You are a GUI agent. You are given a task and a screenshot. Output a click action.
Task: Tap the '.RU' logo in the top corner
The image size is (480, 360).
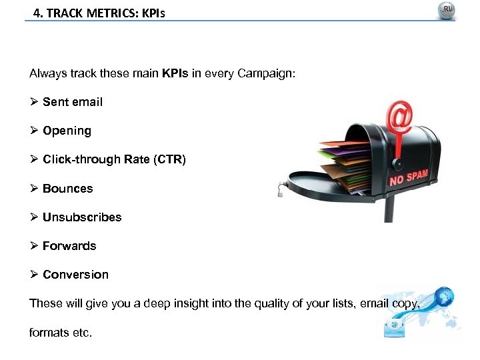point(446,11)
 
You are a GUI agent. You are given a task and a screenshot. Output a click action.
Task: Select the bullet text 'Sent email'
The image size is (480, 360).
point(72,102)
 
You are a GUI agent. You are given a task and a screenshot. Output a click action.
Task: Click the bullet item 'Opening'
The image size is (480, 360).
point(67,131)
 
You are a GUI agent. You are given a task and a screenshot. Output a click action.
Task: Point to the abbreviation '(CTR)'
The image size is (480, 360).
point(171,159)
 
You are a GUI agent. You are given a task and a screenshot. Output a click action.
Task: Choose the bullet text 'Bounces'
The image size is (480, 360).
point(67,189)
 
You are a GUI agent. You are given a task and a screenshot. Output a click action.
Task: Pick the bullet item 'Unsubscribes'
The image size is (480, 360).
point(82,217)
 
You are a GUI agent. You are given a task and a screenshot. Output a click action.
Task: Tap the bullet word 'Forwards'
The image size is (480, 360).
point(69,246)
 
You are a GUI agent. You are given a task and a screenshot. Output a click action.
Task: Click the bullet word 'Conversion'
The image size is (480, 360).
point(75,275)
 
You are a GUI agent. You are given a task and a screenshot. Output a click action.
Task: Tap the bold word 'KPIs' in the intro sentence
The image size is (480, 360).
point(175,73)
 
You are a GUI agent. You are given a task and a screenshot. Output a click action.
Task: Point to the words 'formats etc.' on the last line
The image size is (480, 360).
point(61,332)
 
